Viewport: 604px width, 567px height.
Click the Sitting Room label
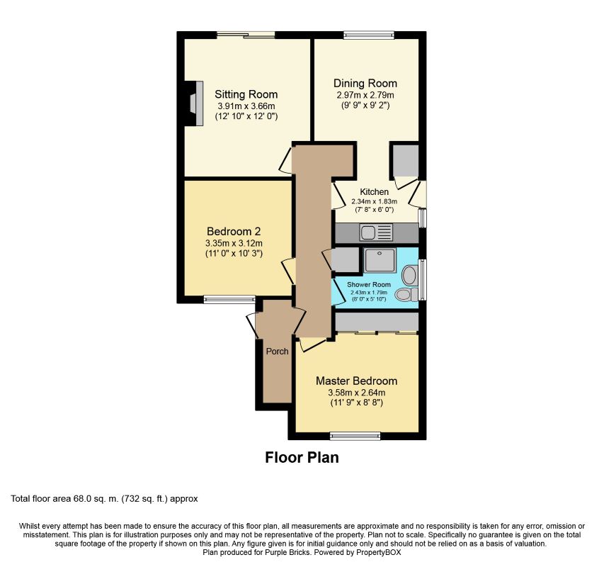246,94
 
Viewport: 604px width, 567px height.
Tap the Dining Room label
365,83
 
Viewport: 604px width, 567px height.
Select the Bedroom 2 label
234,231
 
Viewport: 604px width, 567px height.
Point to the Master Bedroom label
356,381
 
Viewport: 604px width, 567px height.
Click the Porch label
277,351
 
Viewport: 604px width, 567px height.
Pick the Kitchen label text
374,191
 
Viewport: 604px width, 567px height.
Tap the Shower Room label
369,284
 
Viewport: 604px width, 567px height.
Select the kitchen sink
375,232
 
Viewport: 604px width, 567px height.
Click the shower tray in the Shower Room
380,260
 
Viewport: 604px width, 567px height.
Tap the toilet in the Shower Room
406,294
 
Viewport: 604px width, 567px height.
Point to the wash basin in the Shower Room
410,275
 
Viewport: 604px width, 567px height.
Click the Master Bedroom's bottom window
355,436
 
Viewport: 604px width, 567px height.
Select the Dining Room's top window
369,35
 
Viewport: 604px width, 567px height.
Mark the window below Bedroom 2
229,299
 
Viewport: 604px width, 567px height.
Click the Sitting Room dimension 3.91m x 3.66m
246,106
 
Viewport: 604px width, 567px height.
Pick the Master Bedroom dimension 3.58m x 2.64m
356,393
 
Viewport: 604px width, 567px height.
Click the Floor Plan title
302,458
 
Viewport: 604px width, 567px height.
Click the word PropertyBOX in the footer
378,552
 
